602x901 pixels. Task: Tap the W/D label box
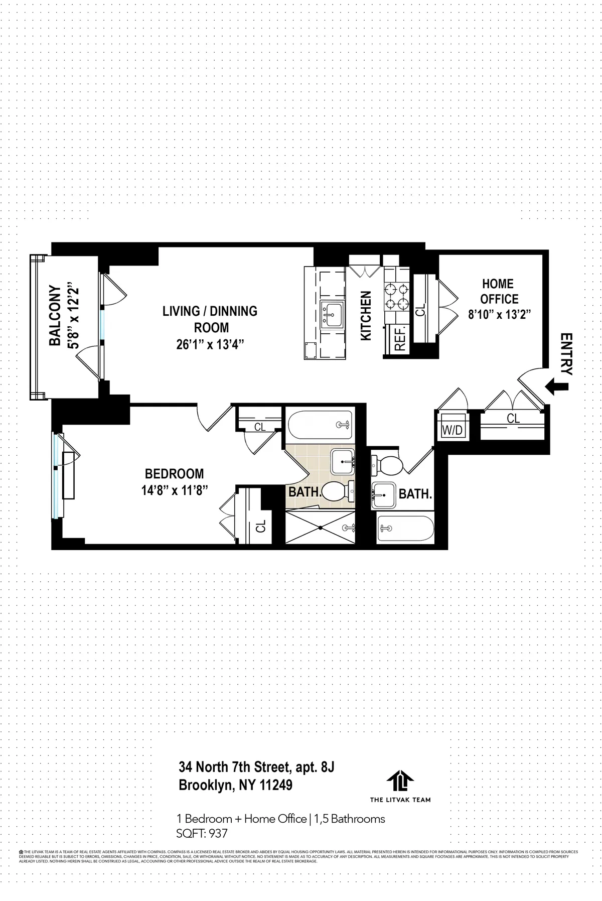452,430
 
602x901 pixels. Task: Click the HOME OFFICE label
499,291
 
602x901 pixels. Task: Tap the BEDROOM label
174,473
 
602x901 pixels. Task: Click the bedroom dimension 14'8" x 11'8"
174,490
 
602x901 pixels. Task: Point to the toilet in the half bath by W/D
387,465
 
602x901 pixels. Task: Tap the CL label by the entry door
513,418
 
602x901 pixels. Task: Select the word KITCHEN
366,316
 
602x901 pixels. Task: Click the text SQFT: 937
202,833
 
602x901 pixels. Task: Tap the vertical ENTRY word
566,354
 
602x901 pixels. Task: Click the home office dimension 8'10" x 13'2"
499,315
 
